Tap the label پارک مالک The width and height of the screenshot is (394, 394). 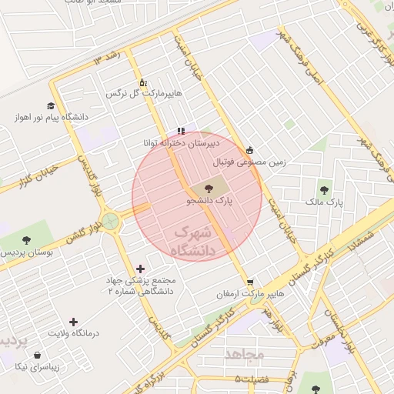pyautogui.click(x=322, y=202)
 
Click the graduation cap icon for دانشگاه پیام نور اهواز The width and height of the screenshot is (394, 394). pyautogui.click(x=51, y=106)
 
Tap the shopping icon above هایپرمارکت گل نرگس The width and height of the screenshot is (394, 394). pyautogui.click(x=142, y=82)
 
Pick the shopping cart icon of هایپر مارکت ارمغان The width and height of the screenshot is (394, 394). pyautogui.click(x=249, y=282)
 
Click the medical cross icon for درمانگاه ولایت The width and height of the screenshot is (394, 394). pyautogui.click(x=73, y=322)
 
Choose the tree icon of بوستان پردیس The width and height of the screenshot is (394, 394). pyautogui.click(x=27, y=240)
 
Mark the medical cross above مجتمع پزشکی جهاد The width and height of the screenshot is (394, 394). pyautogui.click(x=140, y=269)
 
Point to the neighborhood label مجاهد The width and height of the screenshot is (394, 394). pyautogui.click(x=245, y=354)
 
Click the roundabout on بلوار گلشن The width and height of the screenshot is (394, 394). pyautogui.click(x=111, y=222)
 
